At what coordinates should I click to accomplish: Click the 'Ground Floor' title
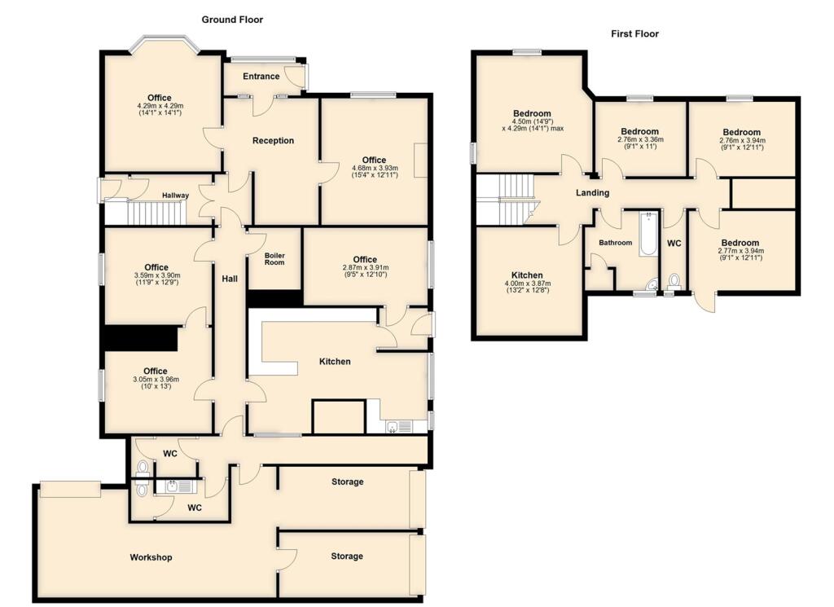[232, 20]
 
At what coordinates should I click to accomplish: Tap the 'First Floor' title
[634, 34]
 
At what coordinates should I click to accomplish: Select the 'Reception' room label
[273, 141]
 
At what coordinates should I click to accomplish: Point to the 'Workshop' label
[151, 557]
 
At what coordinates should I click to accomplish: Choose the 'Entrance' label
[261, 77]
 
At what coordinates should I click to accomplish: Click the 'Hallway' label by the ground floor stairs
[175, 196]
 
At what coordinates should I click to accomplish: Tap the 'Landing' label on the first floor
[592, 193]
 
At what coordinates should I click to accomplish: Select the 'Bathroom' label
[615, 243]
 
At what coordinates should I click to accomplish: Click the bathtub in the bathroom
[647, 234]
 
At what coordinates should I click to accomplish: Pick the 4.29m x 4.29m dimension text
[160, 106]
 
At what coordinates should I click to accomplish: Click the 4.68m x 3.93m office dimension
[375, 169]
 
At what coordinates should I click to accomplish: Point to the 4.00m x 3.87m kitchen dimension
[528, 284]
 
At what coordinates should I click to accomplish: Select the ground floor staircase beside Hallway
[152, 213]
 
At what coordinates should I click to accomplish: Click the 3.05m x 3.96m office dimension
[156, 380]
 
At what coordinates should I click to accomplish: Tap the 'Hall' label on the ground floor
[230, 279]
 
